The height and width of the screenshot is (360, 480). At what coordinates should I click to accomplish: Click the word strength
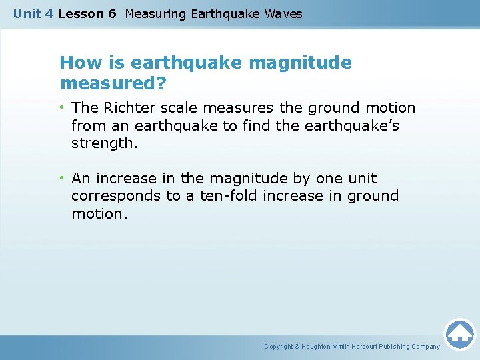[x=104, y=143]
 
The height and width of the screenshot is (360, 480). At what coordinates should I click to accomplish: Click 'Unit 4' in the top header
[x=33, y=14]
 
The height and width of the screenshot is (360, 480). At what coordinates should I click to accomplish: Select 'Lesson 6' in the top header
[x=87, y=14]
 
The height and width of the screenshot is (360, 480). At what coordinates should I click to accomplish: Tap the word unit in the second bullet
[x=363, y=179]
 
